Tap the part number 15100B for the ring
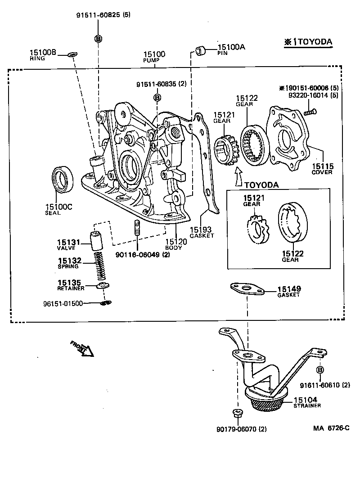tap(43, 53)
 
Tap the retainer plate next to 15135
tap(103, 286)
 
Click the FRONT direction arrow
tap(84, 348)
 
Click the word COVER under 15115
tap(322, 172)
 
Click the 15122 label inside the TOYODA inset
tap(292, 254)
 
